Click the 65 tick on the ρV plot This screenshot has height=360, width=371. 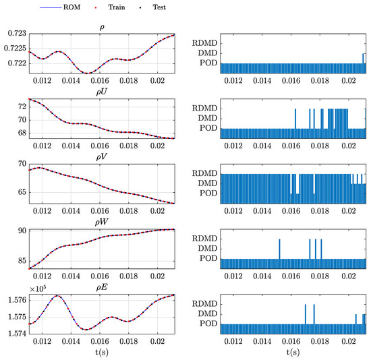tap(20, 192)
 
